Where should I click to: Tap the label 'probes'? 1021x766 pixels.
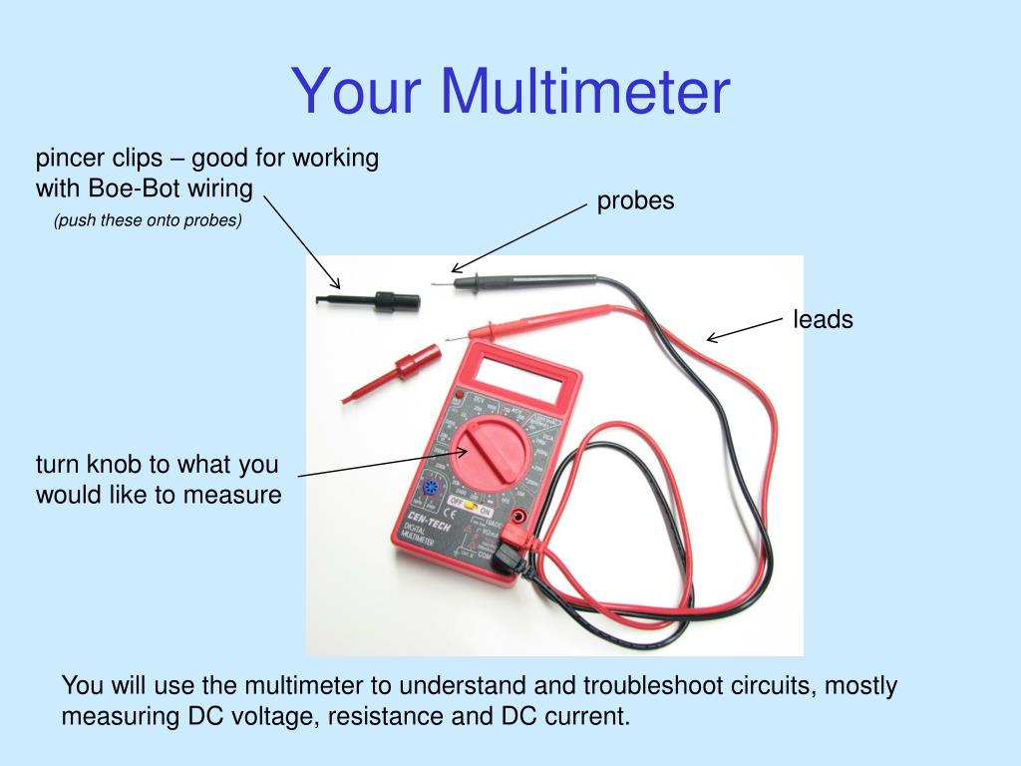click(635, 200)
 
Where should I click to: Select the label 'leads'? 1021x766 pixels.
click(823, 320)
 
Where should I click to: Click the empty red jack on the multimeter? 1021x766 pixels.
click(518, 517)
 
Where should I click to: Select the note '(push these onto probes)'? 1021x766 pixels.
click(148, 220)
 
